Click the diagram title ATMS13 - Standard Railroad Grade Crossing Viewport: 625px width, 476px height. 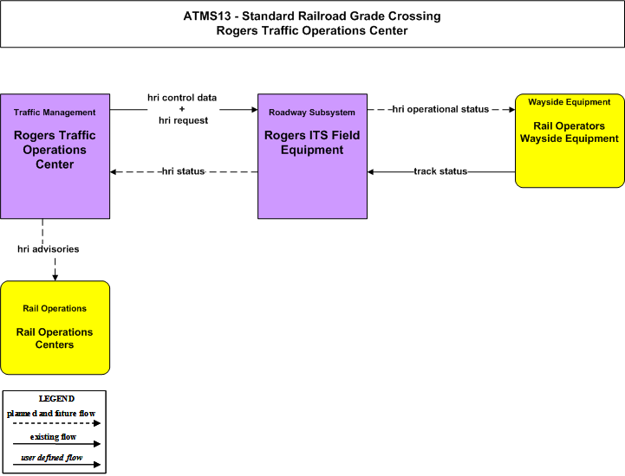pos(312,16)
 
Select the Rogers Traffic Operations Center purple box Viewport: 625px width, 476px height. pos(55,156)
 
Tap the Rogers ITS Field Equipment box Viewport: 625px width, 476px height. pos(312,156)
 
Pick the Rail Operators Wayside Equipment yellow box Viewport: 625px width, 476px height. pos(570,140)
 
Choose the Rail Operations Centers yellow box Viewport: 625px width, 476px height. pos(55,327)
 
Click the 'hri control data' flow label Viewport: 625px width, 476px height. pos(182,98)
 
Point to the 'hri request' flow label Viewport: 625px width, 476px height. pos(184,120)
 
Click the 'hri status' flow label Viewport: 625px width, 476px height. pos(184,171)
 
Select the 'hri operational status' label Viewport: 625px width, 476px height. pos(440,109)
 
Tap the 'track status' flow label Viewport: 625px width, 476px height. pos(440,171)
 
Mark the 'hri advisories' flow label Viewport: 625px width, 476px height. pos(49,249)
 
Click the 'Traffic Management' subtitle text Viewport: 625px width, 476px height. pos(55,113)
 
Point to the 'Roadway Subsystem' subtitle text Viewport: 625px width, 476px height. pos(312,113)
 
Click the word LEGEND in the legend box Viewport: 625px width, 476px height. pos(56,399)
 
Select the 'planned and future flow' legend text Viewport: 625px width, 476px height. pos(51,414)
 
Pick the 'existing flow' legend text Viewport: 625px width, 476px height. pos(53,437)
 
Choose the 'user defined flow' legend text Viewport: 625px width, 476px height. pos(52,458)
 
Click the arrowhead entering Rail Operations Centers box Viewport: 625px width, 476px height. pos(55,278)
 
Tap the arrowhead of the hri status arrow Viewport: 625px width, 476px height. pos(114,172)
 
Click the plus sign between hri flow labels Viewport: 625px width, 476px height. pos(182,109)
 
